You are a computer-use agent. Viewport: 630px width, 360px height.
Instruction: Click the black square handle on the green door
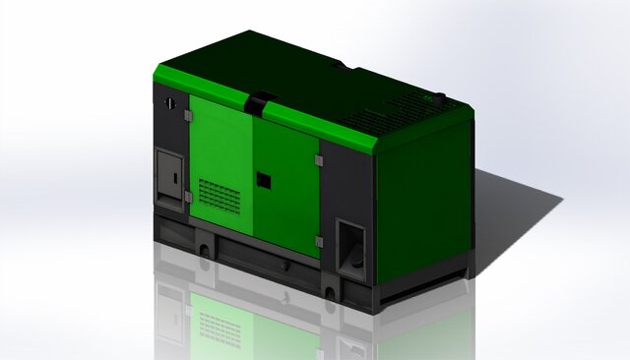263,179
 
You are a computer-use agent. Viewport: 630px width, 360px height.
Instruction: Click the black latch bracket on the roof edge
259,101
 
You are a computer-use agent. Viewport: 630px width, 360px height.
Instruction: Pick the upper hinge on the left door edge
187,116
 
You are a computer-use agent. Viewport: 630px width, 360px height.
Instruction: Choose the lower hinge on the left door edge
187,197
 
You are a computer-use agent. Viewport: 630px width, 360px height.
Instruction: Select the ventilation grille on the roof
379,117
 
